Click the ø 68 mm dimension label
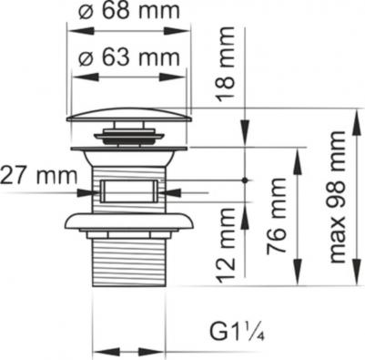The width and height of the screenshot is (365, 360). point(127,14)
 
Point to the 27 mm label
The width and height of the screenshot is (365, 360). point(39,172)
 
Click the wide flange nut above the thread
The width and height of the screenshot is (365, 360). point(127,222)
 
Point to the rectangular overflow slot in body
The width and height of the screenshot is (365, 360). point(127,191)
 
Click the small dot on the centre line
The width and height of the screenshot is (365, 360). point(247,180)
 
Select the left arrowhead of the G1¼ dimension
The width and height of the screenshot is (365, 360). point(99,350)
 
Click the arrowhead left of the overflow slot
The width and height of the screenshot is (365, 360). point(89,192)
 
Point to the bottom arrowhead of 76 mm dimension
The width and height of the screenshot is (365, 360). point(297,280)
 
